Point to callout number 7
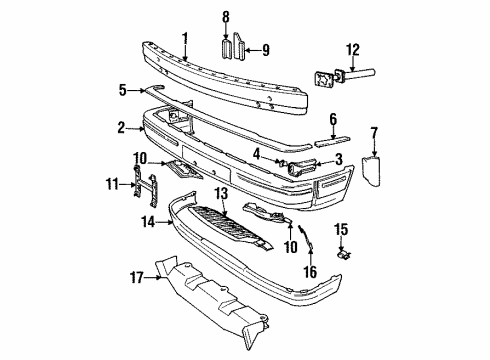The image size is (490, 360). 374,132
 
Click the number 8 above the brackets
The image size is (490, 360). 225,17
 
